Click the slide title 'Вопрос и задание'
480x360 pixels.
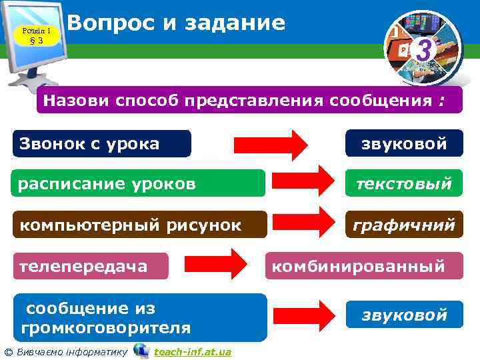pyautogui.click(x=176, y=23)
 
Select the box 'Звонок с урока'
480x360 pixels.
pyautogui.click(x=101, y=143)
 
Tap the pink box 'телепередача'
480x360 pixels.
pyautogui.click(x=91, y=266)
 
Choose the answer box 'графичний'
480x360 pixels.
pyautogui.click(x=403, y=225)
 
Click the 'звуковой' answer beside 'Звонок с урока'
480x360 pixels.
pyautogui.click(x=403, y=143)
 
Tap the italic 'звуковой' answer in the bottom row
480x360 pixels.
pyautogui.click(x=403, y=315)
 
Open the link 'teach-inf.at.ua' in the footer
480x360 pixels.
pyautogui.click(x=192, y=351)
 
